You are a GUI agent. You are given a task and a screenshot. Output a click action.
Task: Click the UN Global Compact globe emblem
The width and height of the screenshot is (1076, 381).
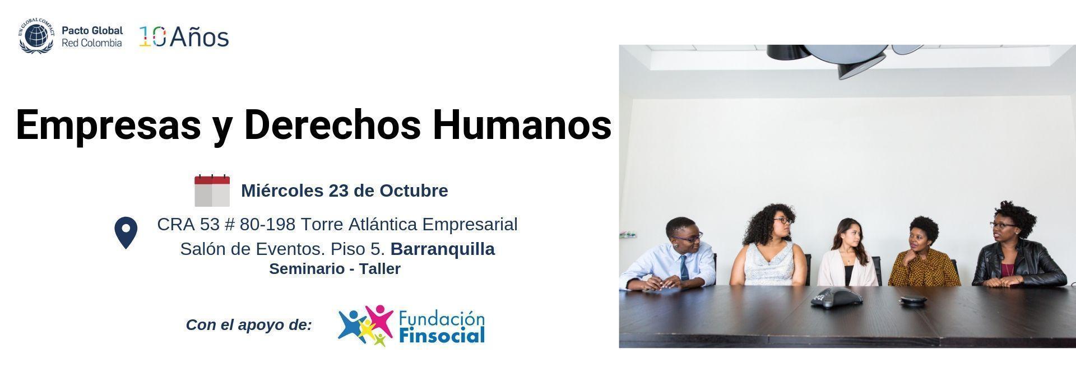click(x=36, y=36)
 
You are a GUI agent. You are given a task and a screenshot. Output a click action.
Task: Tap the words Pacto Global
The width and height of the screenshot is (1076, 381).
click(x=92, y=31)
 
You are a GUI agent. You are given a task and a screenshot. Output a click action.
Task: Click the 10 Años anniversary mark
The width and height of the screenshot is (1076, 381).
click(x=184, y=37)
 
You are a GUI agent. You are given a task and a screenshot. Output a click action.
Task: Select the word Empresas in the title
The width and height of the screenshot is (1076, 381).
click(x=108, y=125)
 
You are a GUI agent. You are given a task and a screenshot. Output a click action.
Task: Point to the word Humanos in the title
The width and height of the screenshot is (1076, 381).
click(x=522, y=124)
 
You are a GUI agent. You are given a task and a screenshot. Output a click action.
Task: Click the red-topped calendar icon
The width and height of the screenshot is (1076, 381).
click(x=212, y=190)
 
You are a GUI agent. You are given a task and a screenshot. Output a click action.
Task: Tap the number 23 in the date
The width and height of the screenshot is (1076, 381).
click(x=338, y=190)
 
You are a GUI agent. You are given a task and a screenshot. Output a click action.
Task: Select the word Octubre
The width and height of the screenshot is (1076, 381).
click(x=414, y=190)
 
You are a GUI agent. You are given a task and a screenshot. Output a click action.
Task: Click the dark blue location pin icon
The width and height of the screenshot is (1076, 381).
click(x=126, y=233)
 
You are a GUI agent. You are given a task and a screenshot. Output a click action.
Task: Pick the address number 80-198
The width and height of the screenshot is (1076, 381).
click(x=267, y=224)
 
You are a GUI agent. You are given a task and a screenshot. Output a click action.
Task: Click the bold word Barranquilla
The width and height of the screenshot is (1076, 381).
click(x=443, y=249)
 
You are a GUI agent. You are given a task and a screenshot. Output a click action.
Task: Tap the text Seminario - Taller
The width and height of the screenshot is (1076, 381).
click(x=335, y=269)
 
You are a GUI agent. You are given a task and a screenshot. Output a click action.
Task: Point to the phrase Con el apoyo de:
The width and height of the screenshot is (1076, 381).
click(x=249, y=325)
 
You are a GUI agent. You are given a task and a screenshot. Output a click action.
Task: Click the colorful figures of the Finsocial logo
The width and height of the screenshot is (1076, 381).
click(x=365, y=325)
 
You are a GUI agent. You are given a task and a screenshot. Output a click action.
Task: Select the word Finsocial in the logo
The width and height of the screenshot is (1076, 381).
click(x=442, y=336)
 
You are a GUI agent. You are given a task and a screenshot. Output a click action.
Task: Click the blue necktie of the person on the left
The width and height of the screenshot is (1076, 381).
click(x=684, y=267)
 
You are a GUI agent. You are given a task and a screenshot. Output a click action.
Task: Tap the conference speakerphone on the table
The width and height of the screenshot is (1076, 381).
click(x=836, y=298)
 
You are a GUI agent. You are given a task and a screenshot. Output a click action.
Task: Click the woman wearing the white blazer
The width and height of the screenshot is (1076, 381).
click(x=848, y=253)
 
